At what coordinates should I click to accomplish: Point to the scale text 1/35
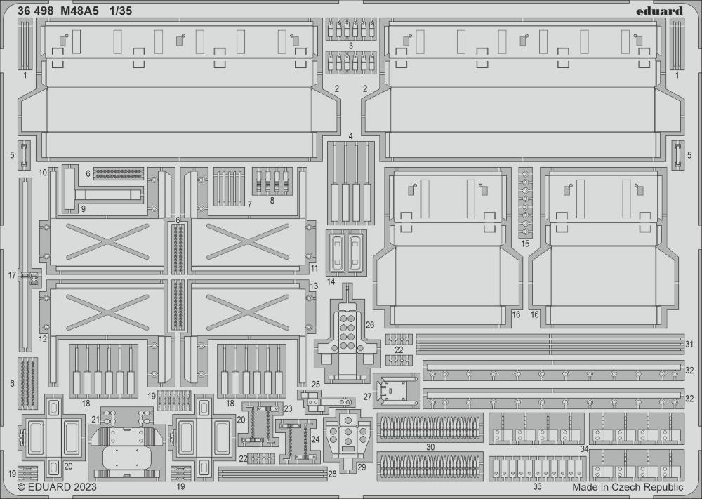pos(121,11)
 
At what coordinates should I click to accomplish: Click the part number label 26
pos(370,325)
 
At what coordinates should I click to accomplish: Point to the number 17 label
pos(12,276)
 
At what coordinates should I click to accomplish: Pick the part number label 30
pos(430,446)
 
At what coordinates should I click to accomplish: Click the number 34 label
pos(585,448)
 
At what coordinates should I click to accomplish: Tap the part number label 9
pos(83,208)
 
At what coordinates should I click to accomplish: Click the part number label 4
pos(350,134)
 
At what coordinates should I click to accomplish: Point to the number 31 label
pos(689,344)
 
